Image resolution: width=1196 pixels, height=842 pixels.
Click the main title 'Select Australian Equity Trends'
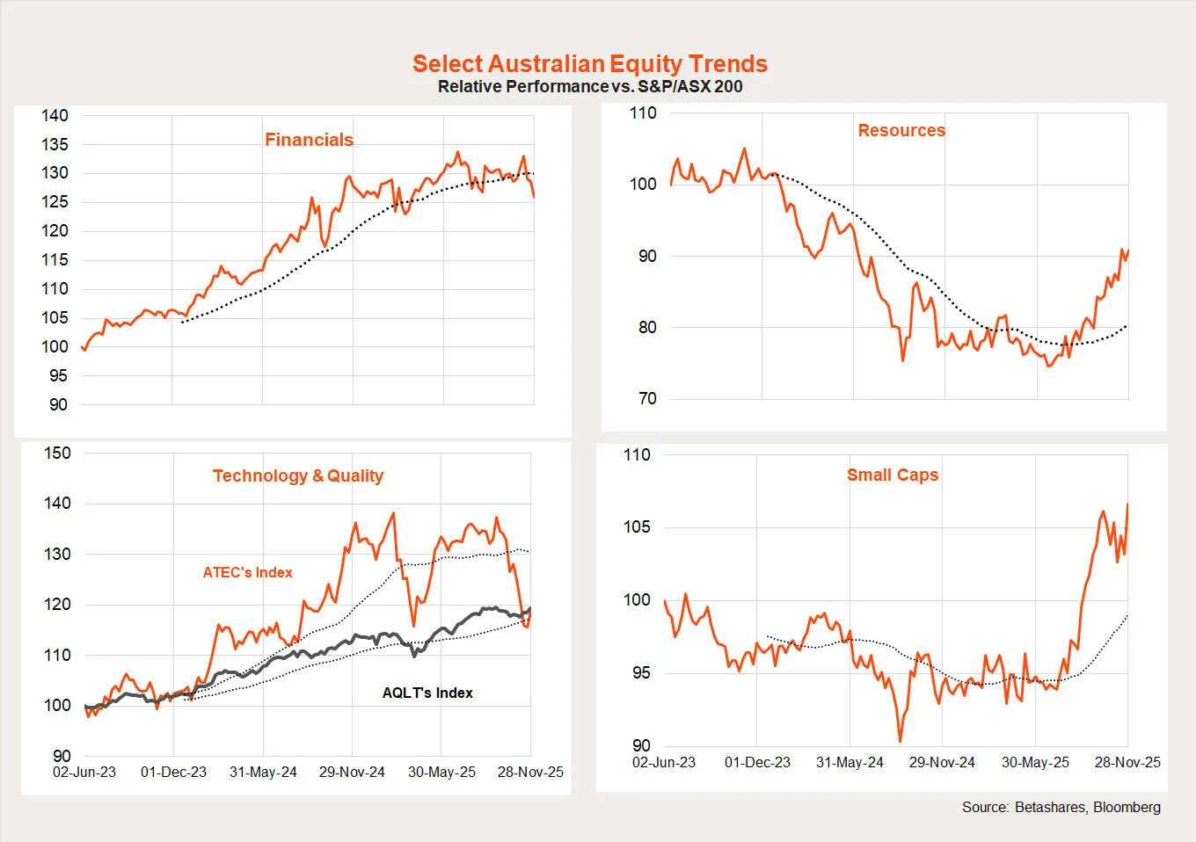click(x=589, y=64)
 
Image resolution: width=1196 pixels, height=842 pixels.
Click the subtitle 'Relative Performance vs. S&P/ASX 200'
click(x=589, y=87)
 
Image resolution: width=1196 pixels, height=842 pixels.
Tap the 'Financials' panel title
click(x=309, y=140)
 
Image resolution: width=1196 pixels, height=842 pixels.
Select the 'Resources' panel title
click(x=901, y=130)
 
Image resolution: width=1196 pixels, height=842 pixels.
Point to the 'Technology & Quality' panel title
click(x=297, y=475)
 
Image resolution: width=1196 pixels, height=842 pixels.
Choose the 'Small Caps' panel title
click(x=892, y=475)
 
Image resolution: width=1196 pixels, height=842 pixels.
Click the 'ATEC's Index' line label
click(x=247, y=572)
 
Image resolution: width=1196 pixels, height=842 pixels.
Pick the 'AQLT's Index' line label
click(x=427, y=693)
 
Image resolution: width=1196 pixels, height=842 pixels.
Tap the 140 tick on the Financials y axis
click(x=55, y=115)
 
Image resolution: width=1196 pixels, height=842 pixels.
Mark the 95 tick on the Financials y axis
click(x=58, y=376)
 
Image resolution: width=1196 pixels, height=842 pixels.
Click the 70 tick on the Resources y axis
click(x=646, y=399)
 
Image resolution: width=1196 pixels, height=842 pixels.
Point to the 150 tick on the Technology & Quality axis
click(x=57, y=454)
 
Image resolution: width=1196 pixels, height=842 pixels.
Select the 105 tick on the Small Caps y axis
click(x=637, y=527)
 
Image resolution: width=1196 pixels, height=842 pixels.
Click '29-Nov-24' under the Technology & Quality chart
click(x=352, y=772)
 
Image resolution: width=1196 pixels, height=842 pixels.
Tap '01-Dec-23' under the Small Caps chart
click(x=757, y=762)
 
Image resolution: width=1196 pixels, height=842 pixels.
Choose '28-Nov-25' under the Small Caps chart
click(x=1127, y=762)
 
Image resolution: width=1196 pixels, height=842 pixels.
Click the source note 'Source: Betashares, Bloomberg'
click(x=1061, y=807)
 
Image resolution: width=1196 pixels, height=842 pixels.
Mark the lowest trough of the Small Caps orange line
click(x=900, y=741)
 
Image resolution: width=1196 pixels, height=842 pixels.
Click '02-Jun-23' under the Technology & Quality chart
click(x=84, y=772)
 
